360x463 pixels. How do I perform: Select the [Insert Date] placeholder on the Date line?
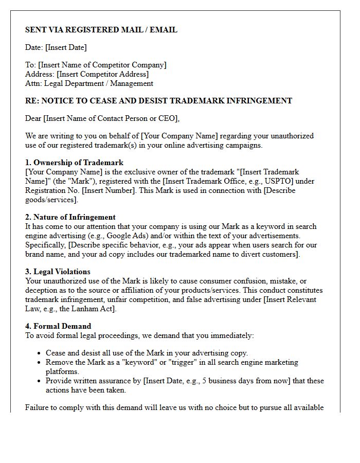(x=66, y=47)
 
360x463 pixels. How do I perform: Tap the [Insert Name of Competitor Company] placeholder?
(x=102, y=65)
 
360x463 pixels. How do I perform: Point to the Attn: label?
(x=33, y=83)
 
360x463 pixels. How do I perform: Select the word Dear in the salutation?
(x=33, y=118)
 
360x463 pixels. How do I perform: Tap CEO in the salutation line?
(x=169, y=118)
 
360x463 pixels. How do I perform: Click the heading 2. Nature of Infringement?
(x=70, y=217)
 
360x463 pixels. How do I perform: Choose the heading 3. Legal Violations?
(x=58, y=272)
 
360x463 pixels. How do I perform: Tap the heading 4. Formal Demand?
(x=58, y=326)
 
